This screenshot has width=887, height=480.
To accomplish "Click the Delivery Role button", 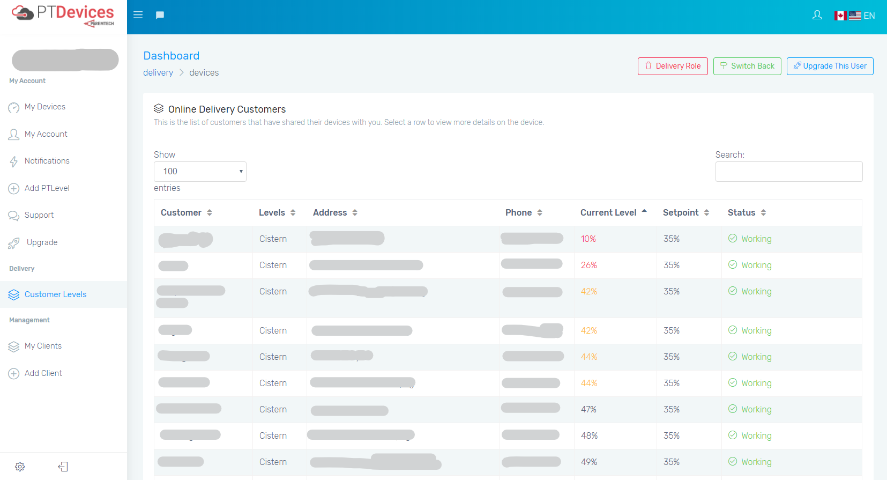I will tap(673, 66).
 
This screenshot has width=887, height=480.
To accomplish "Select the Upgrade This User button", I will tap(830, 66).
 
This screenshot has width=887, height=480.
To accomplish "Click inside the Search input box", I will tap(788, 172).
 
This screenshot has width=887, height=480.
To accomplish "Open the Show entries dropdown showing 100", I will tap(200, 172).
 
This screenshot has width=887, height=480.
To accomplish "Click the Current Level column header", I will tap(608, 212).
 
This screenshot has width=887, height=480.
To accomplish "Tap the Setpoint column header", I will tap(681, 212).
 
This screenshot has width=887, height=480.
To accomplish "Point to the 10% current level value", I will tap(588, 239).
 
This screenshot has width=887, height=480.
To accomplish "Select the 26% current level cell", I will tap(589, 265).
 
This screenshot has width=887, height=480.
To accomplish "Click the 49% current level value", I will tap(589, 462).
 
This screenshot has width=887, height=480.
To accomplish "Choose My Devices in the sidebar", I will tap(45, 107).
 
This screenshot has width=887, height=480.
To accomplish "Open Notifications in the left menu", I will tap(47, 161).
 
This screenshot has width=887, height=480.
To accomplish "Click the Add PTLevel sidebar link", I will tap(47, 188).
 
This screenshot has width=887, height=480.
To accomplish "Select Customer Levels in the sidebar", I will tap(55, 294).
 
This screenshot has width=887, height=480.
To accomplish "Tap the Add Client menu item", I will tap(43, 373).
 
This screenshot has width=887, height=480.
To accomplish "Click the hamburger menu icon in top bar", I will tap(138, 15).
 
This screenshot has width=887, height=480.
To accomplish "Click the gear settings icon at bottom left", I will tap(20, 467).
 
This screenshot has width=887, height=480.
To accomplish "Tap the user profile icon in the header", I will tap(817, 15).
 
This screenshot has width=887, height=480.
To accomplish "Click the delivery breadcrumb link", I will tap(158, 73).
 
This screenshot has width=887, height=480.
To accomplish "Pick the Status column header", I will tap(741, 212).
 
